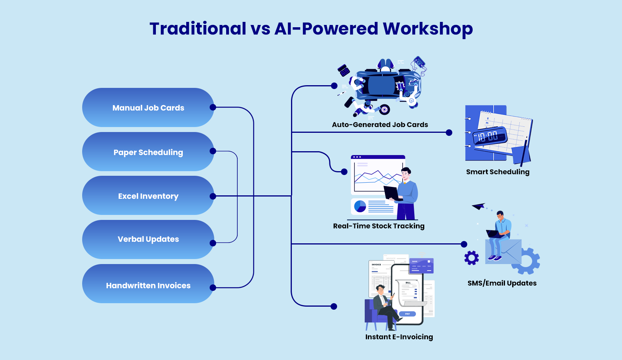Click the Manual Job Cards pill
[148, 108]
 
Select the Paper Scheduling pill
[148, 152]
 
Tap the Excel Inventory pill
[148, 196]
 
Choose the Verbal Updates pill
[148, 239]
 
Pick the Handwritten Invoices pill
[148, 286]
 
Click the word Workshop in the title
[428, 29]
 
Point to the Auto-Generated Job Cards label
[380, 125]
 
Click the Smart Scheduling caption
[498, 172]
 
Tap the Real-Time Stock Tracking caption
[379, 226]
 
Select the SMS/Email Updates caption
[502, 283]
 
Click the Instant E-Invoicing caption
[399, 337]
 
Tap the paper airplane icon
[479, 206]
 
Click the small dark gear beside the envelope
[471, 258]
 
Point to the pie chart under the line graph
[360, 206]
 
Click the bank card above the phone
[421, 265]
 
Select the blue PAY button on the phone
[407, 314]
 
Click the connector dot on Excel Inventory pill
[213, 196]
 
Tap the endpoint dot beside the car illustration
[334, 86]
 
